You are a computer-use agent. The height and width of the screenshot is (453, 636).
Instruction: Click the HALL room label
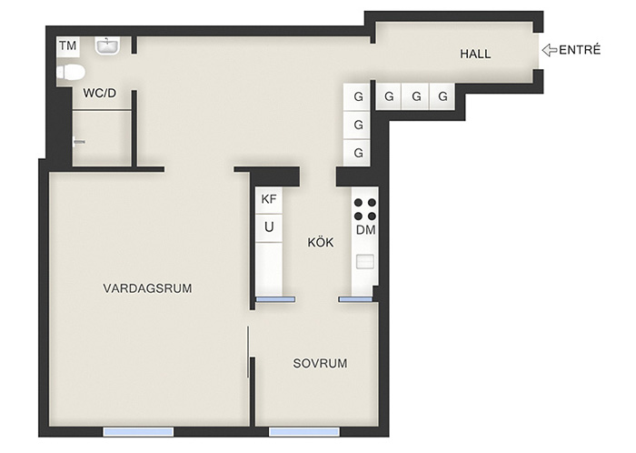475,54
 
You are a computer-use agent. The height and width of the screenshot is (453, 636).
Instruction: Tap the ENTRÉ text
580,49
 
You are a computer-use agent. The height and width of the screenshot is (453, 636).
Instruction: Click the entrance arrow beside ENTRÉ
550,50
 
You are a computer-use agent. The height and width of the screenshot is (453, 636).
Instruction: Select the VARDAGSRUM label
147,288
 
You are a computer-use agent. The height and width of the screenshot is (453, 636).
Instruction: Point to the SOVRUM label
320,363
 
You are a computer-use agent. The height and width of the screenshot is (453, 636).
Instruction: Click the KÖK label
321,242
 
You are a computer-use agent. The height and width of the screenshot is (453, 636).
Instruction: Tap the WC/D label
99,93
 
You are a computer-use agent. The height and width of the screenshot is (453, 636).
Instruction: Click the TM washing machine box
68,46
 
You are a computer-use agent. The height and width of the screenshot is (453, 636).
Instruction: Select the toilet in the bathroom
71,73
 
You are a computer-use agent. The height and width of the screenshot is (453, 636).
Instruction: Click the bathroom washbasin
107,45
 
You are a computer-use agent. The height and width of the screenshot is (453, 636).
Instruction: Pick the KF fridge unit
269,199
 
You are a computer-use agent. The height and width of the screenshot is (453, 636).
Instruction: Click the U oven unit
269,227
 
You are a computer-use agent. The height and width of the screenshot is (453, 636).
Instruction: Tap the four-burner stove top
365,209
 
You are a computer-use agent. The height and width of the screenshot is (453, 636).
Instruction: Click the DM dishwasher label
365,230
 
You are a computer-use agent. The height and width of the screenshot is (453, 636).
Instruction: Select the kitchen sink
365,261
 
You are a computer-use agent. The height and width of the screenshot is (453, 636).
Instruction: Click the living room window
138,431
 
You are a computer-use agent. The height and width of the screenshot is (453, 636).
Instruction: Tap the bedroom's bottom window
304,431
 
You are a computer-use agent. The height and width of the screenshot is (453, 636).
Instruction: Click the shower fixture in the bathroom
79,142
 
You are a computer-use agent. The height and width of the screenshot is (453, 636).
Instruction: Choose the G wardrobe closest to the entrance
443,96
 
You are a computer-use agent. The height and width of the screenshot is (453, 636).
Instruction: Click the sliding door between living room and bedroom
248,351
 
